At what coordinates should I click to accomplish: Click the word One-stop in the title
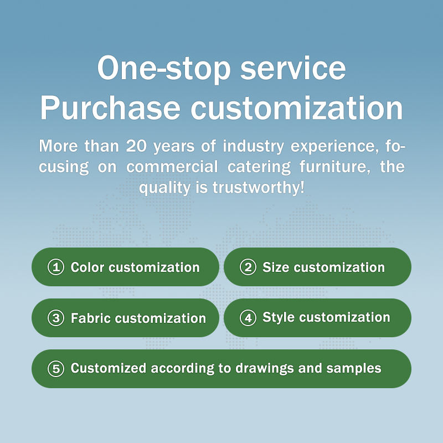coord(164,69)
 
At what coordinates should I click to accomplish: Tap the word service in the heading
coord(293,68)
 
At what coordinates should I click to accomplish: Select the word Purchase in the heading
coord(110,107)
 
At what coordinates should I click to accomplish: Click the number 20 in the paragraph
coord(136,146)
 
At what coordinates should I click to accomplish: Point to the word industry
coord(253,147)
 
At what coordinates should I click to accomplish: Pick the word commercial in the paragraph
coord(172,167)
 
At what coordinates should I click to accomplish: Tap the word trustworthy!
coord(259,187)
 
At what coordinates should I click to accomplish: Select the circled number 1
coord(56,267)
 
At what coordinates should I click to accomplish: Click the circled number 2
coord(248,267)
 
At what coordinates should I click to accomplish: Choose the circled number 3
coord(56,318)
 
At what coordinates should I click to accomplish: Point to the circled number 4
coord(248,318)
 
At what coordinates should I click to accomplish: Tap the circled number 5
coord(56,369)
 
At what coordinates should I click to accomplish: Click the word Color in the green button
coord(87,267)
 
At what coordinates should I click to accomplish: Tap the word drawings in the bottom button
coord(265,368)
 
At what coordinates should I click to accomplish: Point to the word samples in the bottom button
coord(354,369)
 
